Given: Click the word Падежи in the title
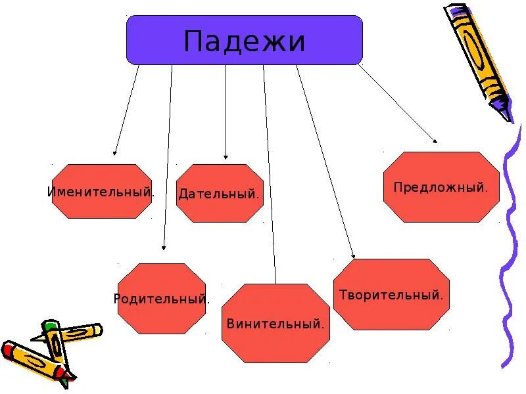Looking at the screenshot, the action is [x=245, y=42].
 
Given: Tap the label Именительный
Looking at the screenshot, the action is [x=101, y=192].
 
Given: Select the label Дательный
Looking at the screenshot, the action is [x=218, y=194].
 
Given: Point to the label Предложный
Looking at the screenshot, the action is [x=441, y=187].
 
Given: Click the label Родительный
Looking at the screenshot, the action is [x=162, y=299].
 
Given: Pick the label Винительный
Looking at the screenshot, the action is [x=275, y=324].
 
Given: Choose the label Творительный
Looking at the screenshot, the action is [x=391, y=295].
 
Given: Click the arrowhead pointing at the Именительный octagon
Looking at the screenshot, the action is [x=115, y=152].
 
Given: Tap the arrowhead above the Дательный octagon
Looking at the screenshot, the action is [x=226, y=157].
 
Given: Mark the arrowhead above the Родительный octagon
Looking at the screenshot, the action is [x=164, y=248].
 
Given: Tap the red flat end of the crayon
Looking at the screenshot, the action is [x=8, y=349].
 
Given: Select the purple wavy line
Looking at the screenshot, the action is [x=510, y=263].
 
